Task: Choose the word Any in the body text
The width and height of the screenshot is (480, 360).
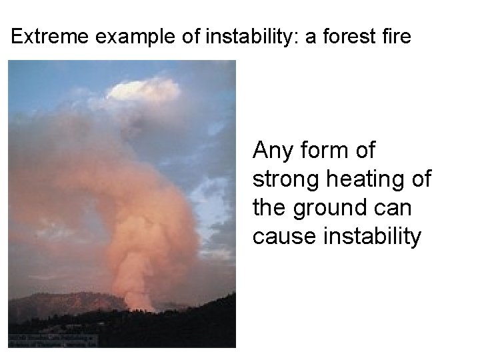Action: tap(271, 151)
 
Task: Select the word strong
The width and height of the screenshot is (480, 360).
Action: tap(283, 180)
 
